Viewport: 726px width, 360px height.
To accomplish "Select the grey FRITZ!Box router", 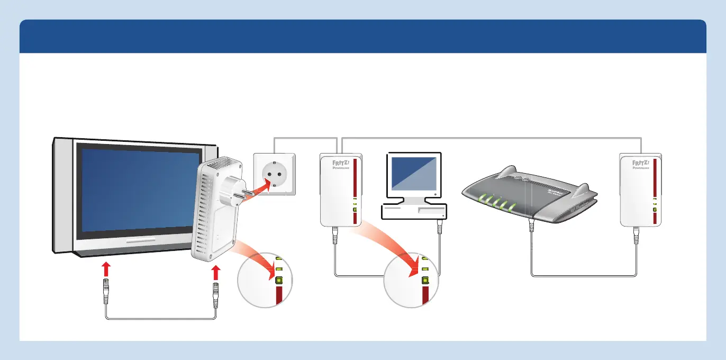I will click(x=529, y=199).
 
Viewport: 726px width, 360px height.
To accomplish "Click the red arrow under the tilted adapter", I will click(x=215, y=273).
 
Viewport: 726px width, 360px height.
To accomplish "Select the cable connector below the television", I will click(x=106, y=291).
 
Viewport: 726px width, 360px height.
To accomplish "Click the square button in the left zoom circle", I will click(x=279, y=281).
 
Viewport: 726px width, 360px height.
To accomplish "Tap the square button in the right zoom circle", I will click(x=425, y=281).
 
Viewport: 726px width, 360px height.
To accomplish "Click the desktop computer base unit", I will click(x=414, y=211).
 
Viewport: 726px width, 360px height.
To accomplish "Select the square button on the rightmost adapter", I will click(x=655, y=210).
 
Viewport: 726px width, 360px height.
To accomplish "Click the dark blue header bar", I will click(x=363, y=36).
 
